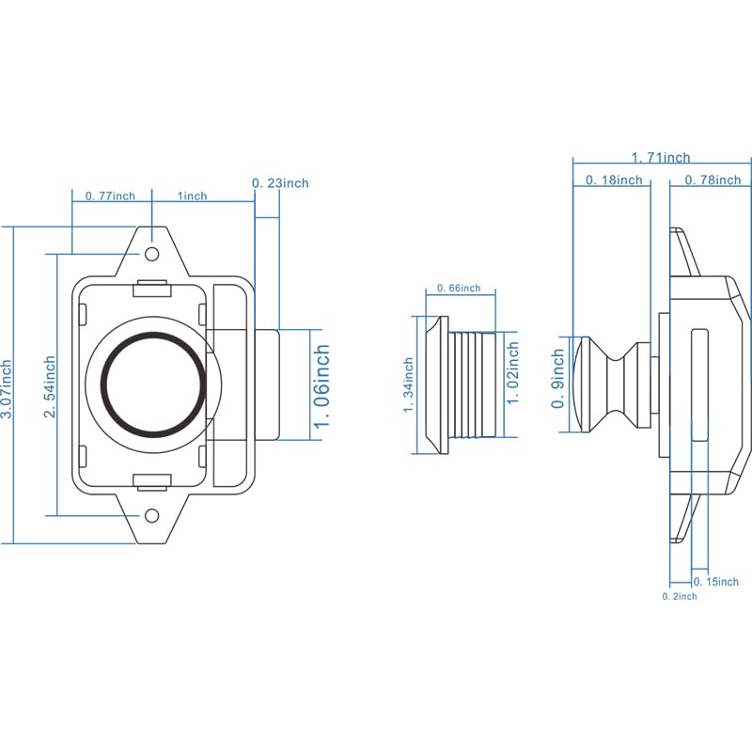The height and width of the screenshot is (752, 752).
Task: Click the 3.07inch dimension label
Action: [x=7, y=389]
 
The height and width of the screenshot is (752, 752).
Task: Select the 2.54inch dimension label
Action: [x=50, y=386]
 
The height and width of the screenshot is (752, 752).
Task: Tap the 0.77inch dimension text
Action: [x=110, y=196]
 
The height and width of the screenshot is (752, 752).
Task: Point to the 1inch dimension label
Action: [x=193, y=196]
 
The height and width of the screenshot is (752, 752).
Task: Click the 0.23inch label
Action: [x=280, y=182]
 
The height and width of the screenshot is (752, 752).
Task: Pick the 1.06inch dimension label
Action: [x=321, y=385]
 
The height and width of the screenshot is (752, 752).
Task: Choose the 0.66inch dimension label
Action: [x=459, y=288]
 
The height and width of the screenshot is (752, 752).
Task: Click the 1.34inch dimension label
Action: [x=408, y=385]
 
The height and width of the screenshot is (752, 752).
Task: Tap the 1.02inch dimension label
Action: [x=512, y=372]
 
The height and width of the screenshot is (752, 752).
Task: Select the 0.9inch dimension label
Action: [x=557, y=379]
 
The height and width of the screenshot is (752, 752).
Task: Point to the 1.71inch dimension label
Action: [x=661, y=157]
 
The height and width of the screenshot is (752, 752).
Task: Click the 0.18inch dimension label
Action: [x=614, y=180]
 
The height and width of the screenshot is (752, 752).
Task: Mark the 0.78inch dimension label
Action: [x=713, y=180]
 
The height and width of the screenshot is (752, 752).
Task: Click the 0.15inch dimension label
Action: [x=716, y=582]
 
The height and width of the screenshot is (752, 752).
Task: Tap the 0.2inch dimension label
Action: [x=680, y=597]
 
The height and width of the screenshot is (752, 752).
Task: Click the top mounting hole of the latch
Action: [x=152, y=254]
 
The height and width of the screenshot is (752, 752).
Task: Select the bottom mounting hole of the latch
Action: [x=152, y=516]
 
